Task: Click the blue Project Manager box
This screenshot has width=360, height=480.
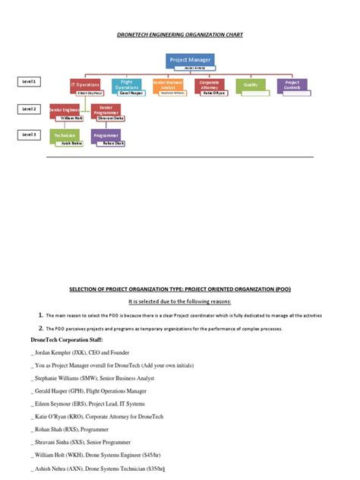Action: pos(190,59)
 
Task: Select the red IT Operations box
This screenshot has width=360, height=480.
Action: pos(84,84)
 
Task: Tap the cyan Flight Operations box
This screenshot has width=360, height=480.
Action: pos(126,84)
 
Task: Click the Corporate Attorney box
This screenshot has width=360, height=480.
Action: pos(209,84)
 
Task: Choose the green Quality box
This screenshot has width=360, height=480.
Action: pos(250,84)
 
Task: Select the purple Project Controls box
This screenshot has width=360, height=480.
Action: pos(292,84)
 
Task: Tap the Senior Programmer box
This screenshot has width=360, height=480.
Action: pos(106,109)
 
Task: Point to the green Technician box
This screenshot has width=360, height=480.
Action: pos(64,135)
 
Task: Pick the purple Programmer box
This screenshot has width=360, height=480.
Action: pos(106,135)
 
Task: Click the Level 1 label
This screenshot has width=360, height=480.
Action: pos(29,81)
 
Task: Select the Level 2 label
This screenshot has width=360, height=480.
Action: pos(29,109)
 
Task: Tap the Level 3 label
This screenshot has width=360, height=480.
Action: pos(29,134)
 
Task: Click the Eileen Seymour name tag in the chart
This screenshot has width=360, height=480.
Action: pos(90,93)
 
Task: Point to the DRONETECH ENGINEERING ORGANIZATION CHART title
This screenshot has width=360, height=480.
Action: pos(179,35)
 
